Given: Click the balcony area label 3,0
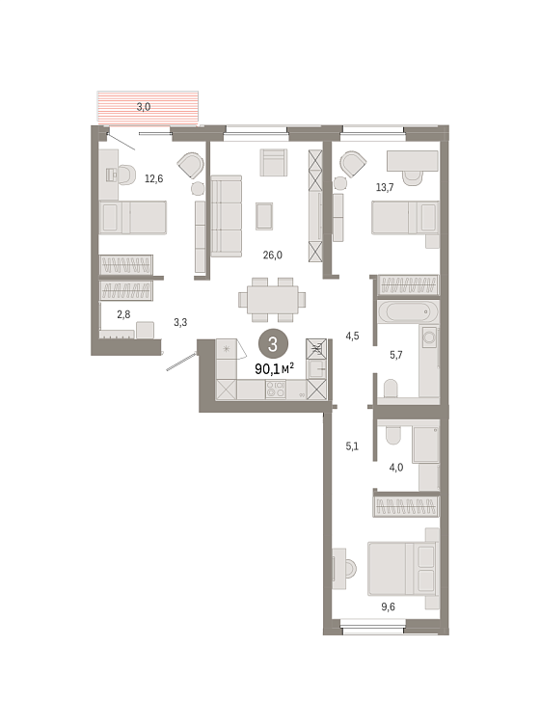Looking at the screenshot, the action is coord(144,107).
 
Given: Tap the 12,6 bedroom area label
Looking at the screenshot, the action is coord(154,178).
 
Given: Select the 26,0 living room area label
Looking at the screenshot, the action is coord(273,255).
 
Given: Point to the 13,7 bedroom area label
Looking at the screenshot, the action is coord(385,187).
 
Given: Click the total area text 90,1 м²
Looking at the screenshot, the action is coord(275,369).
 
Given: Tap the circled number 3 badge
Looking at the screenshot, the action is coord(273,344).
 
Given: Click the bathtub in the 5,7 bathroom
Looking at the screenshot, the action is coord(408,311).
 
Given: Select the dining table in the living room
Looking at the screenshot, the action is coord(273,300).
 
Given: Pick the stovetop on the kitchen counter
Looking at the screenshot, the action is coord(276,390).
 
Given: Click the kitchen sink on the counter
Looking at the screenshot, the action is coord(317,369).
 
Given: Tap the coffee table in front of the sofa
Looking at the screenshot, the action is coord(264,216).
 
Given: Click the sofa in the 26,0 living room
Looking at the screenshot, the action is coord(227,216).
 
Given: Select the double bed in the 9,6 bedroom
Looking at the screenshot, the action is coord(403,569).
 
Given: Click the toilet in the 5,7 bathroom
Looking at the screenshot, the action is coord(391,389).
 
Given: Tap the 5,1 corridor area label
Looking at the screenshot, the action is coord(352,446).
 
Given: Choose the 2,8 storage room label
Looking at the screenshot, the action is coord(123,314).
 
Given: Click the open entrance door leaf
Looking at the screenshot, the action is coord(182,362).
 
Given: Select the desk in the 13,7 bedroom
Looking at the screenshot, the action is coord(413,161).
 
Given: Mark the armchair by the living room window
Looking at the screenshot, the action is coord(274,162).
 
